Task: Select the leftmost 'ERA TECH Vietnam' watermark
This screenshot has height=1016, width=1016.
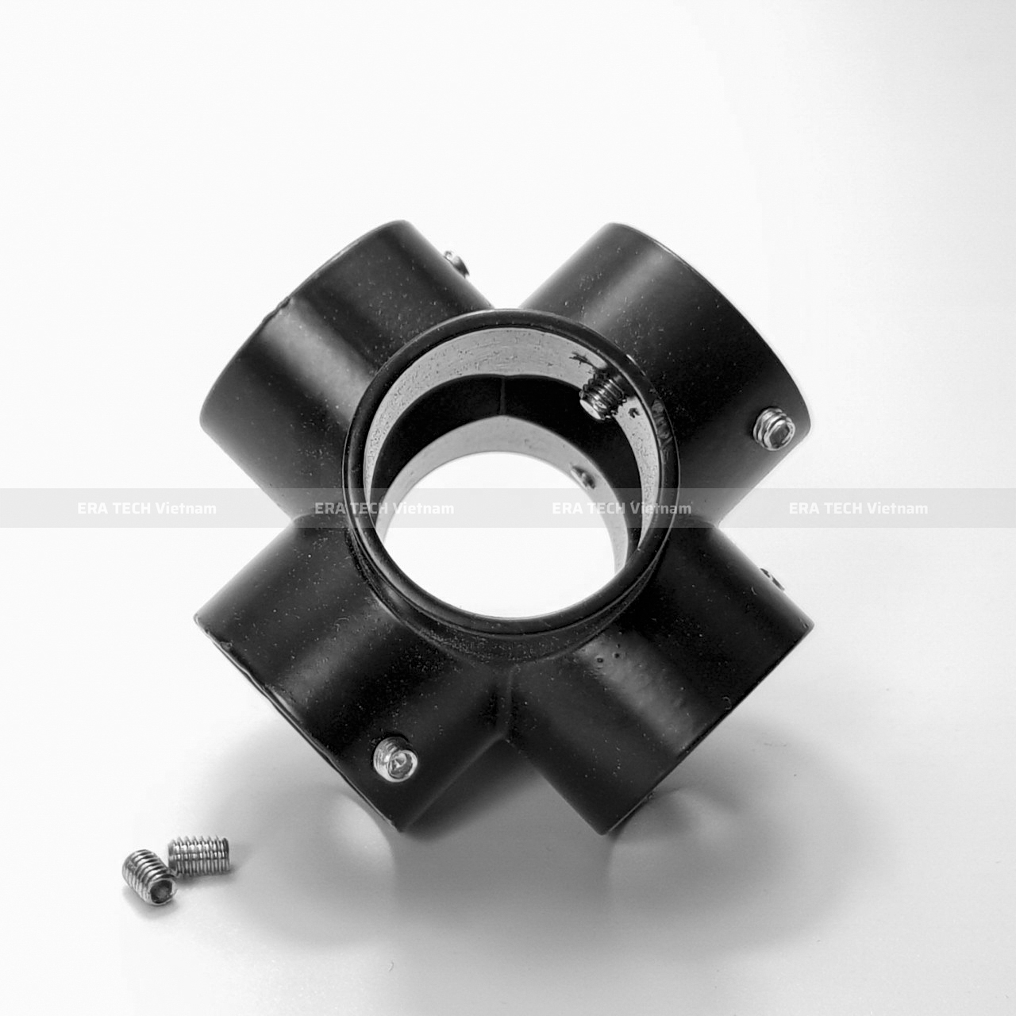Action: coord(147,508)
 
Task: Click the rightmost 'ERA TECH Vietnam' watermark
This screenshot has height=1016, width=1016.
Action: coord(858,508)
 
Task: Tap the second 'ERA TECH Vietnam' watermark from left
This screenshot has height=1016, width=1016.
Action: coord(384,508)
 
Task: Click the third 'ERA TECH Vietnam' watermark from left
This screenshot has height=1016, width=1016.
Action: coord(622,508)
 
